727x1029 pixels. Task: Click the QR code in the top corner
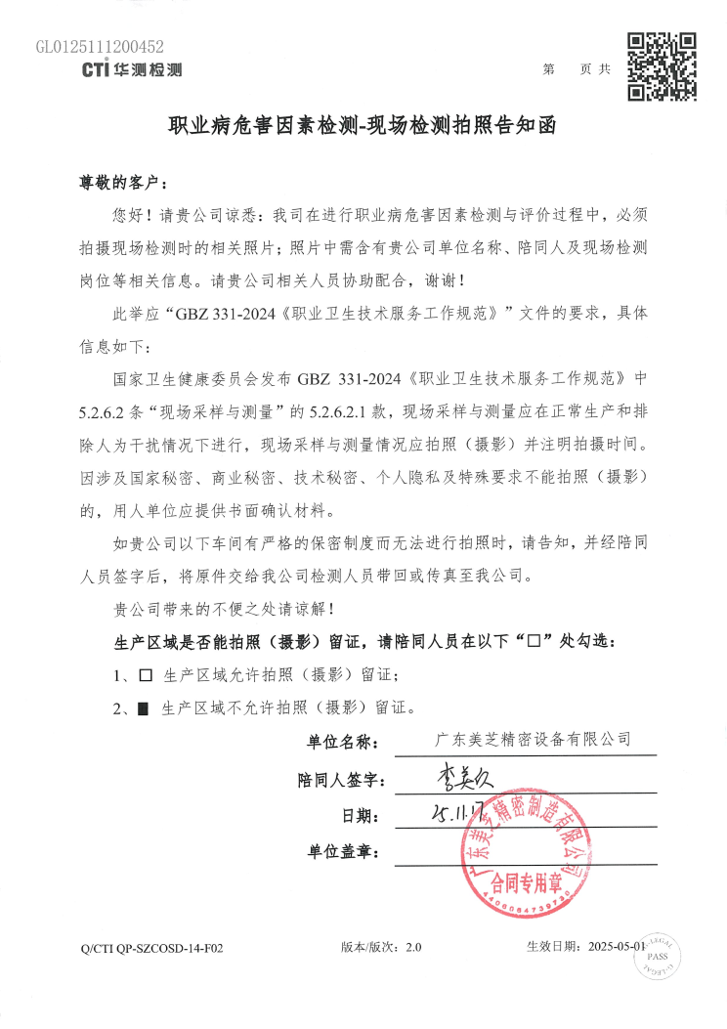662,66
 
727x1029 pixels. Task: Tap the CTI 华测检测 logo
132,69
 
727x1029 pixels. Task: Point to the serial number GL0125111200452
100,46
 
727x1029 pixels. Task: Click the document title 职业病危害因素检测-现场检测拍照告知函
362,127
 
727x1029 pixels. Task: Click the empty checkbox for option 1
147,675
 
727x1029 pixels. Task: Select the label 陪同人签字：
343,780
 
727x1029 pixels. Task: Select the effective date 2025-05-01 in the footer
615,947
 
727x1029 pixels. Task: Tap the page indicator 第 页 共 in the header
577,69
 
